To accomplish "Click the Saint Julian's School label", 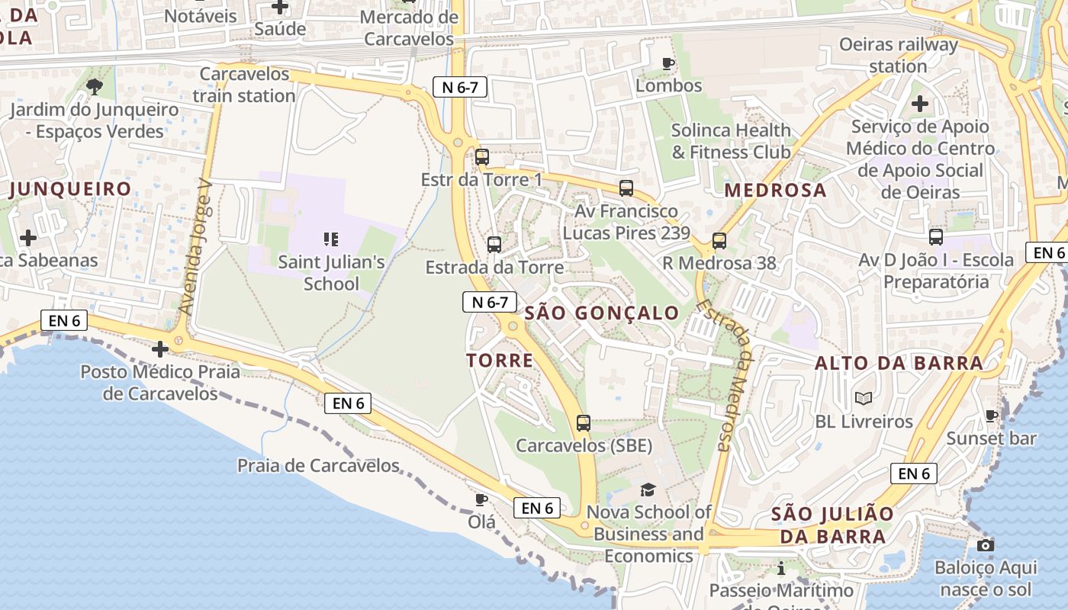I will (x=330, y=272).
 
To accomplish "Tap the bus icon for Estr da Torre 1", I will (x=481, y=157).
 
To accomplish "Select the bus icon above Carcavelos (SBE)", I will (x=584, y=422).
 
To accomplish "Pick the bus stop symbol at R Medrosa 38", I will (x=719, y=241).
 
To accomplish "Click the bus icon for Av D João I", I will (x=936, y=237).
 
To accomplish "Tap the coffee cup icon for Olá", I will (x=481, y=499).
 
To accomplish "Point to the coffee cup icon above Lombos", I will (x=668, y=63).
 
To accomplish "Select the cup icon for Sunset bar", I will (x=991, y=416).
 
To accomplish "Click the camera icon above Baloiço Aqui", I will (x=986, y=545).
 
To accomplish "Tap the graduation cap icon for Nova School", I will (x=648, y=490).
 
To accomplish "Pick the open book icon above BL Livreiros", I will (x=864, y=398).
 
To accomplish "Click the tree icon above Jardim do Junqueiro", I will (x=95, y=87).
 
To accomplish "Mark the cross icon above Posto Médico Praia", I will (x=159, y=349).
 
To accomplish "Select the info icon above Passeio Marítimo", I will (x=780, y=568).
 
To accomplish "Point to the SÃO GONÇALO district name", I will (x=602, y=313).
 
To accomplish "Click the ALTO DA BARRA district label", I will (x=899, y=363).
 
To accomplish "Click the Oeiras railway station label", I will (x=898, y=55).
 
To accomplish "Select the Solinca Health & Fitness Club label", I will (x=730, y=141).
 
